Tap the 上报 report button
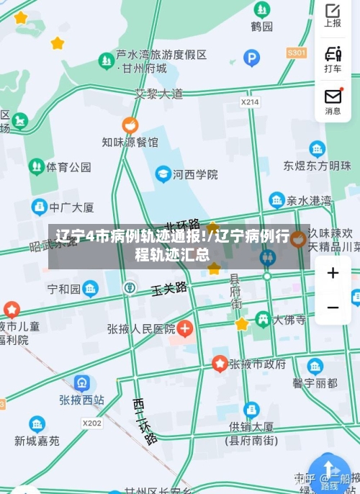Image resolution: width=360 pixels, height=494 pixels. click(x=333, y=15)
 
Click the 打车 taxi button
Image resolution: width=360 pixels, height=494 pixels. click(x=333, y=58)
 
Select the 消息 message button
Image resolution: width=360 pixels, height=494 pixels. click(x=333, y=101)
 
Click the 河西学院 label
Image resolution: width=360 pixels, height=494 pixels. click(x=196, y=174)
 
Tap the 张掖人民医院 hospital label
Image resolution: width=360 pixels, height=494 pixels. click(x=141, y=329)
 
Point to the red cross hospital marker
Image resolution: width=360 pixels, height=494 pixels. click(x=185, y=329)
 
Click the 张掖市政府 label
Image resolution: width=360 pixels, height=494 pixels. click(x=257, y=364)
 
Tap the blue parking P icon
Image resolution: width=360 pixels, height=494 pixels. click(x=251, y=58)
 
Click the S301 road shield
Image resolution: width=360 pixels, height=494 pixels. click(x=296, y=53)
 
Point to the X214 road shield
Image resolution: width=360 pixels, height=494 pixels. click(x=250, y=102)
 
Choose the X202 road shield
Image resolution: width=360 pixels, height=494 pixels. click(x=91, y=423)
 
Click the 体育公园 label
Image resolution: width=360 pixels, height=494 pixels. click(x=69, y=167)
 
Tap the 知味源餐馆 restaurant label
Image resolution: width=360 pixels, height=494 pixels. click(x=130, y=142)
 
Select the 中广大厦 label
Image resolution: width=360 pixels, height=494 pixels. click(x=71, y=207)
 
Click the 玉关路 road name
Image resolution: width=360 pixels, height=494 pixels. click(x=169, y=289)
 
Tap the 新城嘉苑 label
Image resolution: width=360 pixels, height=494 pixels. click(x=37, y=441)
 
